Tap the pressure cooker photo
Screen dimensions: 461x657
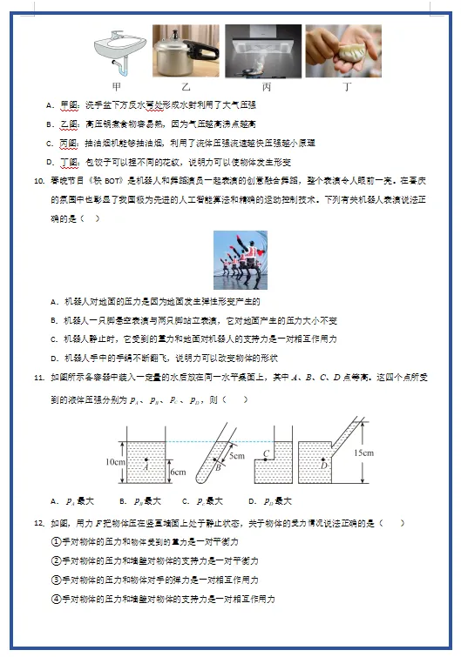(186, 51)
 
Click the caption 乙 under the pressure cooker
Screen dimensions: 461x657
(186, 87)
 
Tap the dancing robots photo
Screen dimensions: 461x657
(241, 260)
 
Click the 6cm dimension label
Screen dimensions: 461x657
(178, 472)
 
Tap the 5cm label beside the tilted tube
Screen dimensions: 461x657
(237, 455)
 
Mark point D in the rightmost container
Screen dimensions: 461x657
(324, 466)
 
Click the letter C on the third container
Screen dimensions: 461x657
(265, 453)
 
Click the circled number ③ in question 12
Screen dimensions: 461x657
(56, 580)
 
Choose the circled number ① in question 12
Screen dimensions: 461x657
(56, 541)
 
